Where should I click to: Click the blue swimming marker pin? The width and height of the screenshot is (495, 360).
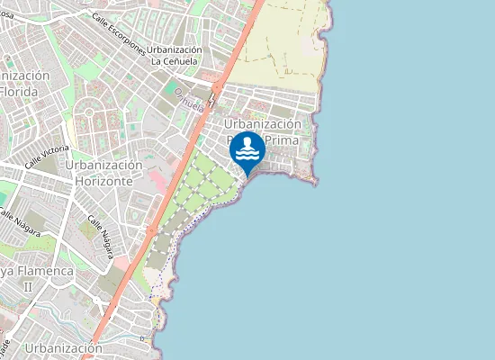tap(247, 149)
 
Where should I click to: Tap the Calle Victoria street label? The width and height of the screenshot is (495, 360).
tap(48, 156)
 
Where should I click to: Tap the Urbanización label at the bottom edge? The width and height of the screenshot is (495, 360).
tap(63, 348)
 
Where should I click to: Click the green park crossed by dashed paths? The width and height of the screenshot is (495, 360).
tap(193, 198)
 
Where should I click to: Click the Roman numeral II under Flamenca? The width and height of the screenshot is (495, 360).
tap(27, 286)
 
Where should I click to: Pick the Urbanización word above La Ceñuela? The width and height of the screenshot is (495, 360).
tap(176, 49)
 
